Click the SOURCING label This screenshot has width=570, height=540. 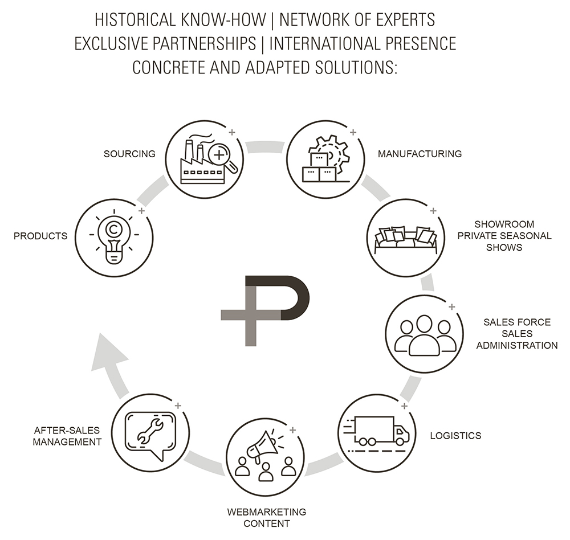[130, 154]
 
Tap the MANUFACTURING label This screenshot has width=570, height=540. [420, 154]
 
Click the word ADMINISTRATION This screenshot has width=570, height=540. [517, 345]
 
